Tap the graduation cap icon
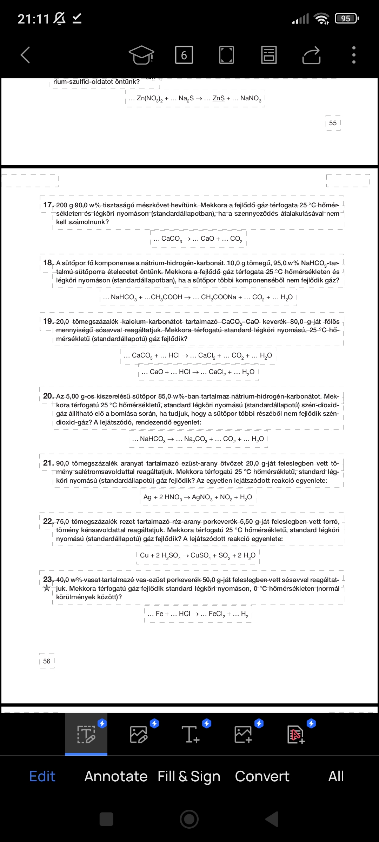pos(141,55)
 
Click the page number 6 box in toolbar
pos(184,55)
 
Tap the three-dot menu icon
pos(354,55)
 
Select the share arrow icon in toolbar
pos(311,55)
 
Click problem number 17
pos(48,205)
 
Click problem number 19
pos(48,321)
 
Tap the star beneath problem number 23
pos(47,588)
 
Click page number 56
pos(47,661)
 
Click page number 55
pos(333,123)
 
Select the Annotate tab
pos(116,776)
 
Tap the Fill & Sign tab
pos(189,776)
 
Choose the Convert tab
pos(262,776)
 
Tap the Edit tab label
pos(42,776)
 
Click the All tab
pos(336,776)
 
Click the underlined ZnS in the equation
pos(218,98)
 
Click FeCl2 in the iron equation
pos(217,614)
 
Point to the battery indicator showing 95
pos(346,18)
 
